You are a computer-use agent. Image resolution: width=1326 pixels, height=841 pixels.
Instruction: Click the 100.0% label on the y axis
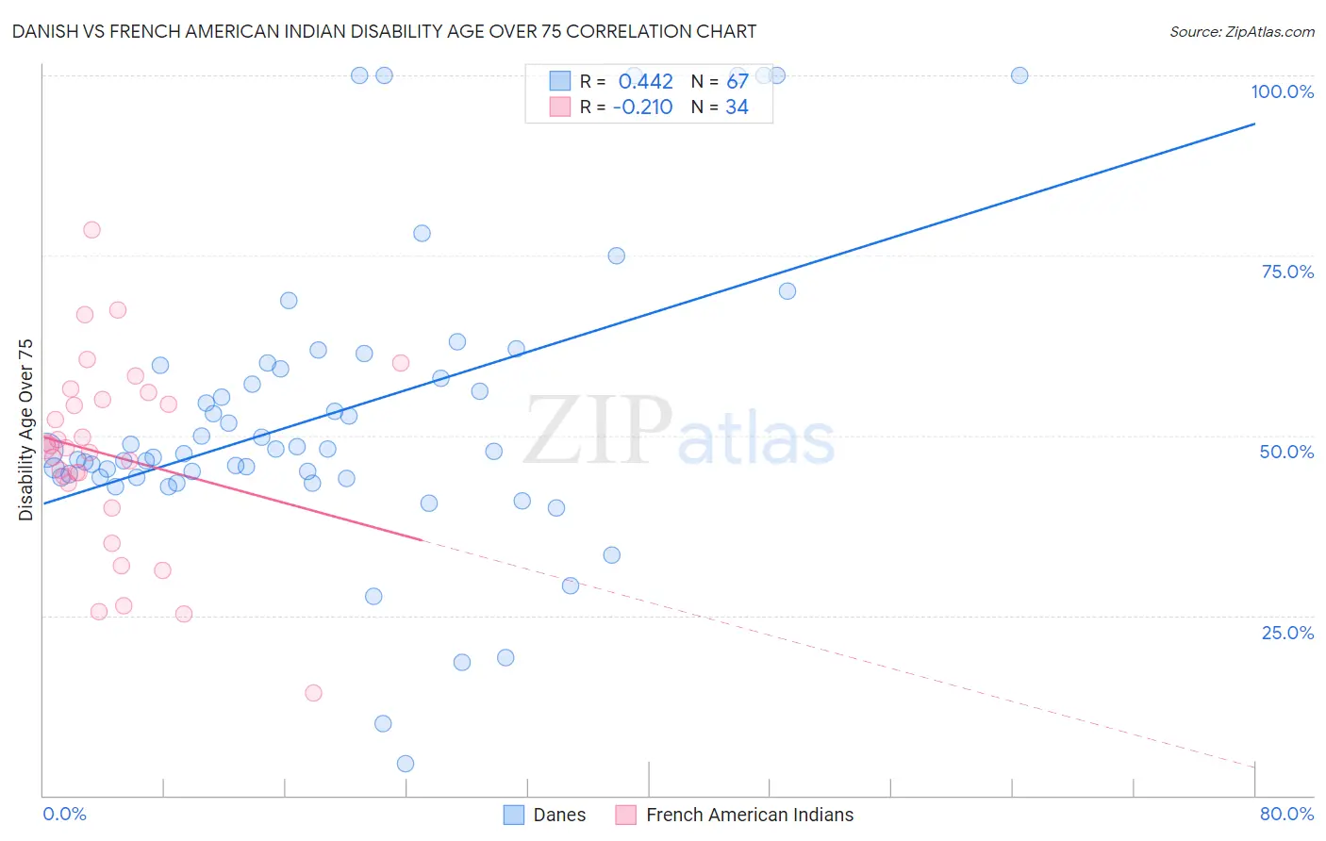1282,91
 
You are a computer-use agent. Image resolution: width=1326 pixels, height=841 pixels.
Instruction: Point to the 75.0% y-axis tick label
1287,272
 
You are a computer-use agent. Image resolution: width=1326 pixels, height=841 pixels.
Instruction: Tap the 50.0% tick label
1286,452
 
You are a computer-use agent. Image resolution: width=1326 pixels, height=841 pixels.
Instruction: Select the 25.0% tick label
1287,633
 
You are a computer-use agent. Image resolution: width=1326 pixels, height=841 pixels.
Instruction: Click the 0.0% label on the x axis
64,814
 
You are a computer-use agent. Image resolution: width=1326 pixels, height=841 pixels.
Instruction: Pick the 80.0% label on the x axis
1286,814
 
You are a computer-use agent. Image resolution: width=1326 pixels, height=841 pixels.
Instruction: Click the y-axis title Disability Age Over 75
25,430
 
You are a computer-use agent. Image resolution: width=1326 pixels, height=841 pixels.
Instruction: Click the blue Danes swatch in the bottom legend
513,815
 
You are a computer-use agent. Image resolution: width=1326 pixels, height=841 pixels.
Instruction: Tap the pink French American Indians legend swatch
625,815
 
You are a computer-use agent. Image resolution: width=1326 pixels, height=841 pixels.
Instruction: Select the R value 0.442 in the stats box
645,82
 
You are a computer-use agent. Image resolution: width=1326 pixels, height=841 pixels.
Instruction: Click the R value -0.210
642,107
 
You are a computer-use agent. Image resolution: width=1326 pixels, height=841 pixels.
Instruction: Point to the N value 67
737,82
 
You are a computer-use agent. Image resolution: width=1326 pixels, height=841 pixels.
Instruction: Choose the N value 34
737,107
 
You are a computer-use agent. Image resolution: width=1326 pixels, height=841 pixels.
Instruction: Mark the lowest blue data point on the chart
406,764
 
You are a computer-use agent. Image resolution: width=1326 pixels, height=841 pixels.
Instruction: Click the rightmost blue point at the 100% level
1019,75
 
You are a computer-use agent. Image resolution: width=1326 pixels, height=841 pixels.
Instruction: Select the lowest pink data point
313,693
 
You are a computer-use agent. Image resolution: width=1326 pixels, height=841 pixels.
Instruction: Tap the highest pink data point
91,229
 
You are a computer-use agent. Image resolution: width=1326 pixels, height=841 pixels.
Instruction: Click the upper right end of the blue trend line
1254,124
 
